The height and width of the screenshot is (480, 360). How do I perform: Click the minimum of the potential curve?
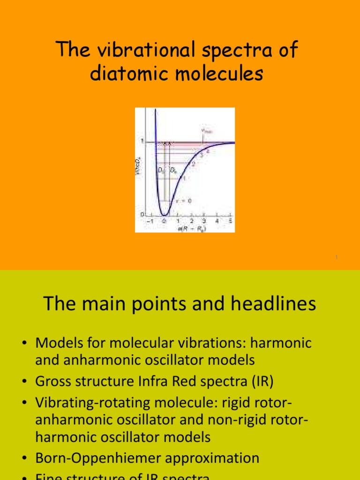164,215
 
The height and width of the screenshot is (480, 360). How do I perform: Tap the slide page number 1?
337,257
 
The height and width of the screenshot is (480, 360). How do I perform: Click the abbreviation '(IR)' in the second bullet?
260,381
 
